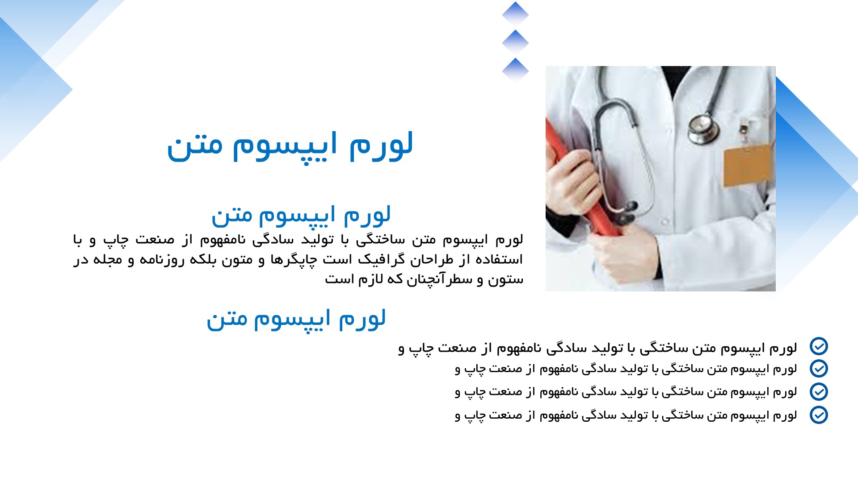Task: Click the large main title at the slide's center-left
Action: pos(290,146)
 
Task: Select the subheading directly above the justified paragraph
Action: pos(301,215)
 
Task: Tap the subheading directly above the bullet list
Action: pos(296,319)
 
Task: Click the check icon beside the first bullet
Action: pos(819,346)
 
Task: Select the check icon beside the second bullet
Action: pos(819,369)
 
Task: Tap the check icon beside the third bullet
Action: pos(819,391)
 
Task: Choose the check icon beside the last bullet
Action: pos(819,415)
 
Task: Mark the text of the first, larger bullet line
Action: pos(597,348)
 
